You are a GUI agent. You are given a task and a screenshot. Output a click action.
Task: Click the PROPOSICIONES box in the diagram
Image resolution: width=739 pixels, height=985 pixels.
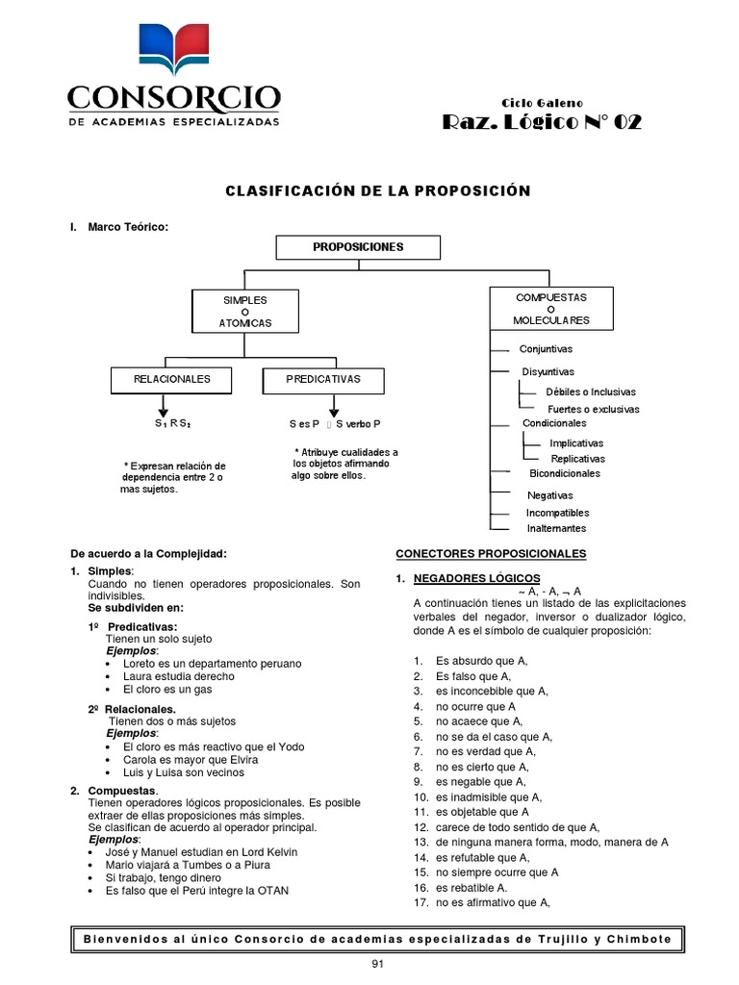coord(358,247)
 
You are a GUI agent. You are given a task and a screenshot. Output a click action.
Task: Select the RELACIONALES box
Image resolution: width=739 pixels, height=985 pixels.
coord(172,380)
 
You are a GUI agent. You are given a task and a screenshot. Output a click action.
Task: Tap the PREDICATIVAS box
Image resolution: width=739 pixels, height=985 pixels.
coord(323,380)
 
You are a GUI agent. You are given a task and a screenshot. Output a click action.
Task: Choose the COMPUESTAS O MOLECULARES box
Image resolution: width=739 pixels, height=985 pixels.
coord(550,309)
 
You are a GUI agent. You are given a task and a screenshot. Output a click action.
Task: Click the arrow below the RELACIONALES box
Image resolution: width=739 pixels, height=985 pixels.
coord(173,406)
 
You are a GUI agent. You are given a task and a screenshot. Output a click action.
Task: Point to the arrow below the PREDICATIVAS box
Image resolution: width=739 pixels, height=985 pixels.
coord(322,406)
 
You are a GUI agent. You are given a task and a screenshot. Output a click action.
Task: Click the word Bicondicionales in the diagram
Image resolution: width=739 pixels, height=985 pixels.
coord(565,473)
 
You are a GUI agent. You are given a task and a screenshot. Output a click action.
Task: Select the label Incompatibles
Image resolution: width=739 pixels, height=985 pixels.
coord(558,513)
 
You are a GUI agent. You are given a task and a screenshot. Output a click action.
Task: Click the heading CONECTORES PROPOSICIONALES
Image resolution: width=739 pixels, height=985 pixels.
coord(491,554)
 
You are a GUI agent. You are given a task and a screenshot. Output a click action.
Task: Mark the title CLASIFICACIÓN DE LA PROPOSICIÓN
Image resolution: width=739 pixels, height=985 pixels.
coord(377,190)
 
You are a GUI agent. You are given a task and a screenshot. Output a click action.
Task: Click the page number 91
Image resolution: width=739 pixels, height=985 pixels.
coord(377,965)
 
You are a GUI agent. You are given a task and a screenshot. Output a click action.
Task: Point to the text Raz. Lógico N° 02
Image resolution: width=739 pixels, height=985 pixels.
coord(541,122)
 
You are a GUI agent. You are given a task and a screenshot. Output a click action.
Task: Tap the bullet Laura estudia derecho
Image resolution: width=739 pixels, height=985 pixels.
coord(178,676)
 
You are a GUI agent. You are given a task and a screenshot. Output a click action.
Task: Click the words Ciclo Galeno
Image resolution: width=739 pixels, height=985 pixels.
coord(542,103)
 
